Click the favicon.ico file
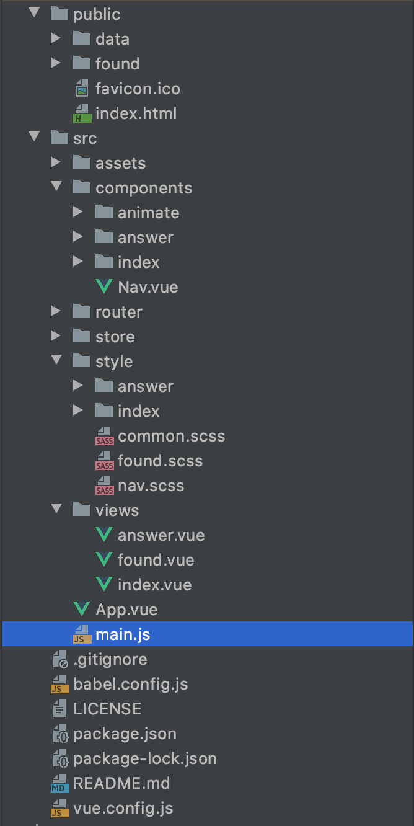[138, 89]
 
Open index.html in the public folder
[136, 113]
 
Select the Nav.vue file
[148, 287]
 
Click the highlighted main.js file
[123, 634]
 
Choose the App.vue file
[126, 610]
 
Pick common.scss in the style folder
[171, 436]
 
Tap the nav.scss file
[151, 486]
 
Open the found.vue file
[156, 560]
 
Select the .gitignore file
[110, 659]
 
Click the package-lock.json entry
[145, 758]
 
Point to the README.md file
[121, 783]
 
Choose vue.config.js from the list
[123, 808]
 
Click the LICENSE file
[107, 709]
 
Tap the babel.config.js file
[130, 684]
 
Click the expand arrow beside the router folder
[56, 312]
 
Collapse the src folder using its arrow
[33, 138]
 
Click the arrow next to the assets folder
[56, 163]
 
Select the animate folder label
[148, 213]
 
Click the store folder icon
[82, 337]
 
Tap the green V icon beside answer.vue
[104, 535]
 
